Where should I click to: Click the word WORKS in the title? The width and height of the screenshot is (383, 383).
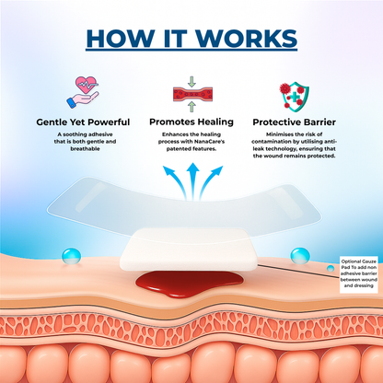[248, 39]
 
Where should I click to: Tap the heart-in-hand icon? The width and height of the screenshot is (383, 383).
[83, 92]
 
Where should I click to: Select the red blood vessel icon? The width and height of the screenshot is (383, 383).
[192, 94]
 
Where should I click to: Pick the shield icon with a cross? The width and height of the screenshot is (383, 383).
[294, 96]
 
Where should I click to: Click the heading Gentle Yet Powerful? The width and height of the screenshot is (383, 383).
[83, 122]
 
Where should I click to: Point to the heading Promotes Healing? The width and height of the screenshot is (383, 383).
[191, 122]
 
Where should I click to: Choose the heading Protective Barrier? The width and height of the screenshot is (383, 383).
[294, 122]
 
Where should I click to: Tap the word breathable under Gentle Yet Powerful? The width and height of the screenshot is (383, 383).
[85, 149]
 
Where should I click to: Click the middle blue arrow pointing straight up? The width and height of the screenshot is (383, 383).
[192, 181]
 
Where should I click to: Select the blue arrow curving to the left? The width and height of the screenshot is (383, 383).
[174, 182]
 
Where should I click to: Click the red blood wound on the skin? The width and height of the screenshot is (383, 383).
[190, 284]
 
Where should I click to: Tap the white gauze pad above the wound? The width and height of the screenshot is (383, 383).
[188, 250]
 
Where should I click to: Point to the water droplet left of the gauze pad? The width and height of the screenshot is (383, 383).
[72, 256]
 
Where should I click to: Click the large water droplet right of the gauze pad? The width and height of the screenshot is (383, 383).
[300, 256]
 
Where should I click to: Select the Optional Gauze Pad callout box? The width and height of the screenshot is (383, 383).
[359, 273]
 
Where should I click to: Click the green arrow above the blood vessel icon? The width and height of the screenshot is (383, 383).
[191, 81]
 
